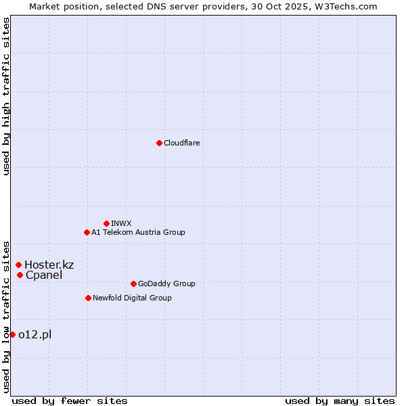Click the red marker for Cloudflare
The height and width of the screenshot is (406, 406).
tap(159, 143)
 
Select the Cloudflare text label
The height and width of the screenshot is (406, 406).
tap(181, 143)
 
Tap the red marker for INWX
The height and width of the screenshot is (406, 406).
tap(106, 223)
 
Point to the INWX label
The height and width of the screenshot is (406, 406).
tap(121, 223)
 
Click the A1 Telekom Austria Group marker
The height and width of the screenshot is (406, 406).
tap(87, 232)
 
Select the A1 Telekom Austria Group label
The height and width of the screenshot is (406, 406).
tap(138, 232)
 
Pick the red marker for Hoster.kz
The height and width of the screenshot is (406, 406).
tap(18, 265)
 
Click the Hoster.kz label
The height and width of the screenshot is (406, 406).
tap(49, 265)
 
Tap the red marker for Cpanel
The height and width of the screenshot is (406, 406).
tap(20, 275)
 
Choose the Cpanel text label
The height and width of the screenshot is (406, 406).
tap(44, 275)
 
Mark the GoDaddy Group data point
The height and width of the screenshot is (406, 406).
tap(133, 284)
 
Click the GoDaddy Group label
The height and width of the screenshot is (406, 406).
tap(166, 284)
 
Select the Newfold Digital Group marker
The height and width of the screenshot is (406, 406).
tap(88, 298)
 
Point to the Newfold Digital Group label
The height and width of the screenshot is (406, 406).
tap(132, 298)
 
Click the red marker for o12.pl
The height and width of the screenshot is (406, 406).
tap(12, 334)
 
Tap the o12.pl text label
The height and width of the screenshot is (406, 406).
tap(35, 334)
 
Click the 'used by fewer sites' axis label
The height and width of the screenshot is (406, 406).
tap(70, 401)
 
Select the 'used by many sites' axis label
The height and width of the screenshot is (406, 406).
tap(340, 401)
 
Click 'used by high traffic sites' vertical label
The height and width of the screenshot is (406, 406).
tap(6, 96)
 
